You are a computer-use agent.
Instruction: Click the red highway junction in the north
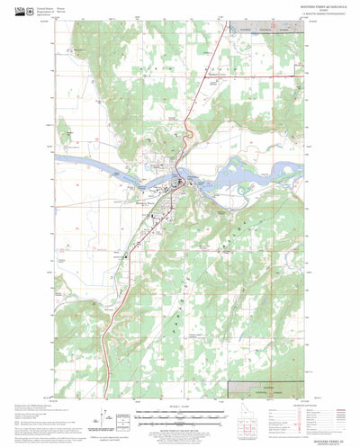tap(185, 119)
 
